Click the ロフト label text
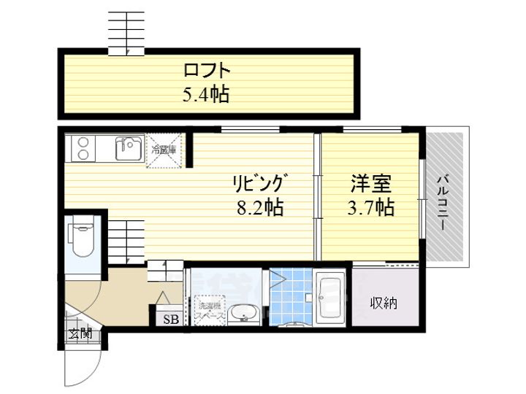point(207,72)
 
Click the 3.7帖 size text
point(370,207)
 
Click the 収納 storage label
point(384,303)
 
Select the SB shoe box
point(169,319)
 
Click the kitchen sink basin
point(129,150)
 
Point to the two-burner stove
point(80,150)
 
